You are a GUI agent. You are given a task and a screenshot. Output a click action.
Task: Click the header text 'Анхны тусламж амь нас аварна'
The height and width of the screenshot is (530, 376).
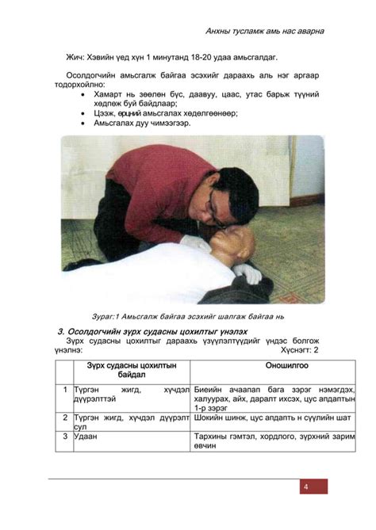[264, 31]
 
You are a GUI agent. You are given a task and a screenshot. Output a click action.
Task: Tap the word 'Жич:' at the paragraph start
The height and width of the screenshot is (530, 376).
[76, 58]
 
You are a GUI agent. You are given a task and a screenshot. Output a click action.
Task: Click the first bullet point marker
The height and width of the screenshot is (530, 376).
[85, 94]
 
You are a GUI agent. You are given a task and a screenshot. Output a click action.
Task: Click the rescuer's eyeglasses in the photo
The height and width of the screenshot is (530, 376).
[208, 205]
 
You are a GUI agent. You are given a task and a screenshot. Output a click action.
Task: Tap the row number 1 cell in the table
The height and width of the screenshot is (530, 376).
[64, 391]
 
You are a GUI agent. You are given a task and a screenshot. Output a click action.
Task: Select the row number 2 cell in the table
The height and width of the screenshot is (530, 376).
[64, 418]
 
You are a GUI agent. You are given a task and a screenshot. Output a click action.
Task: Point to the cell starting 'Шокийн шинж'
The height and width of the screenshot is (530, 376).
[271, 418]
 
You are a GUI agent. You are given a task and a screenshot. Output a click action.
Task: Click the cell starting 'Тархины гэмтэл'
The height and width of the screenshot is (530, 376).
[271, 440]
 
